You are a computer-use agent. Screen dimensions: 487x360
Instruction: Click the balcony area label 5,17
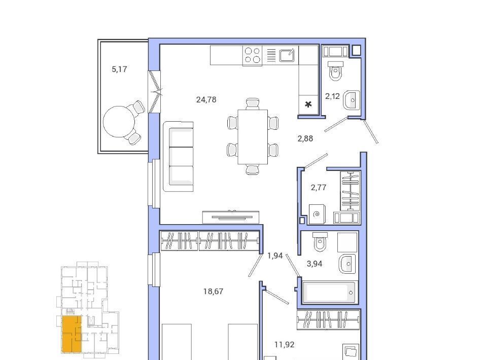pos(119,69)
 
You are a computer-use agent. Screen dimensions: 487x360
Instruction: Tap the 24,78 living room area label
pos(206,99)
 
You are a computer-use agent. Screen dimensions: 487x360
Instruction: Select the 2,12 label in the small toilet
pos(332,96)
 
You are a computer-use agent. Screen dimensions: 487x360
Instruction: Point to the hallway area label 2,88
pos(305,138)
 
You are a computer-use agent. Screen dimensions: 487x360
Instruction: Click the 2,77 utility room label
pos(319,188)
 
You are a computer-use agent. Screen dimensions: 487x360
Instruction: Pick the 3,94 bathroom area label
pos(315,264)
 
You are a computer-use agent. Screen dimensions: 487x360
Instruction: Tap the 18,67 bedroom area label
pos(213,292)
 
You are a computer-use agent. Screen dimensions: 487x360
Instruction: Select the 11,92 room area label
pos(284,344)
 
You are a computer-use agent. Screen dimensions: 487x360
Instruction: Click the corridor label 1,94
pos(275,256)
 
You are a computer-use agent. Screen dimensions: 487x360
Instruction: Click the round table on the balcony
pos(119,122)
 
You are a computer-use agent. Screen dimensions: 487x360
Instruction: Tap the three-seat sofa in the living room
pos(178,156)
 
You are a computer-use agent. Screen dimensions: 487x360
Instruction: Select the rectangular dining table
pos(253,136)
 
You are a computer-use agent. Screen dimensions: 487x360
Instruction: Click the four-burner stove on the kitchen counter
pos(252,55)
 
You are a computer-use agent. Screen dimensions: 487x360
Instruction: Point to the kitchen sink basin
pos(287,56)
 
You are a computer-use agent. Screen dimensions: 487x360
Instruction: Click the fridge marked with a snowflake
pos(308,104)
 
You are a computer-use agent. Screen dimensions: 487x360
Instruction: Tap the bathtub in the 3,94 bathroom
pos(329,292)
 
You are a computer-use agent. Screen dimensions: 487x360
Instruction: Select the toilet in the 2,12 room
pos(335,70)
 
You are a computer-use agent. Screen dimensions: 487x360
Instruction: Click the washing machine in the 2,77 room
pos(317,214)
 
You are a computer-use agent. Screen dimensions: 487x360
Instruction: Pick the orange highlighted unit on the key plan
pos(72,334)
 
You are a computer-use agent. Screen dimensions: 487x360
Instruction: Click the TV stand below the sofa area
pos(230,217)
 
